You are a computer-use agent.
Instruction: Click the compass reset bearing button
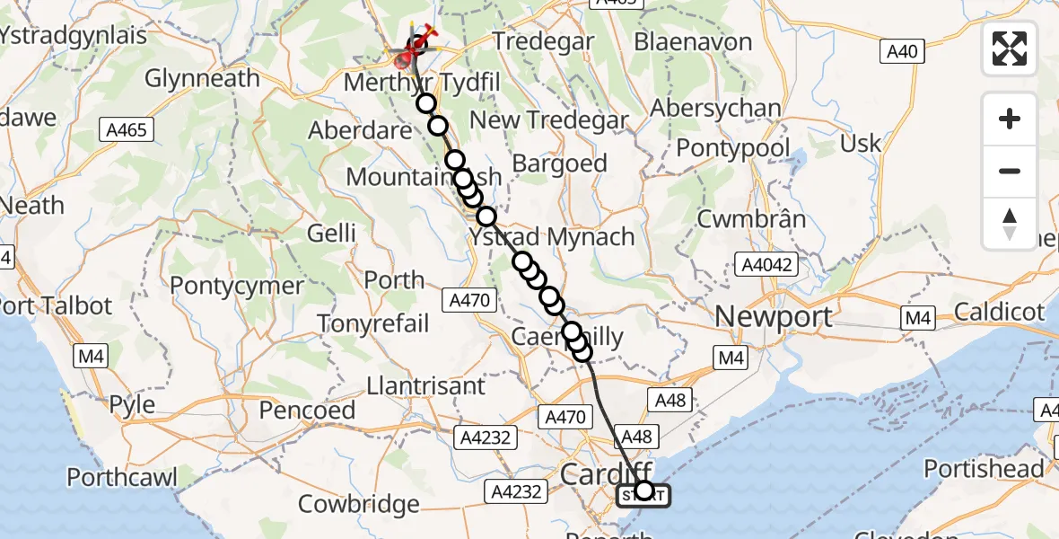coord(1010,222)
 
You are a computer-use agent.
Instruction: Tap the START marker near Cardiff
coord(643,494)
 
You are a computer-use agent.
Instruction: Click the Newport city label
coord(774,317)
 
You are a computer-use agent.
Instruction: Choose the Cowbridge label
coord(358,503)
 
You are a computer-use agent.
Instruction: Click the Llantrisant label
coord(426,386)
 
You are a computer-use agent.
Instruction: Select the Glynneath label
coord(202,78)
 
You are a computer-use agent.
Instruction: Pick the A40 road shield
coord(901,51)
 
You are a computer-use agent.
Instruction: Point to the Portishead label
coord(984,469)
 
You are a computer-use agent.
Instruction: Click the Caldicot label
coord(1000,312)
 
